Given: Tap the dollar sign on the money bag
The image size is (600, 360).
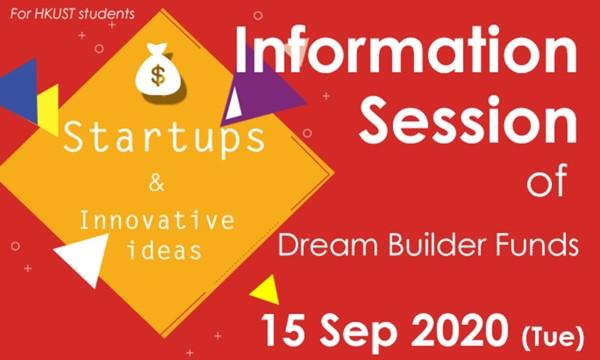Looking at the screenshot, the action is [x=158, y=75].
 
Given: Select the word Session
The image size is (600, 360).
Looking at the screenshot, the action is [x=468, y=118].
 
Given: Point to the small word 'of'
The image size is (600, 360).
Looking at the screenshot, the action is [x=546, y=183].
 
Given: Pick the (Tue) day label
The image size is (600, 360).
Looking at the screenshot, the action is [x=553, y=336].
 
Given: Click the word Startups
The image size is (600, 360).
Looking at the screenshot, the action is [x=165, y=138].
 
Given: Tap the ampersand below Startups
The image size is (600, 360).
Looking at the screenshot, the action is [x=157, y=183].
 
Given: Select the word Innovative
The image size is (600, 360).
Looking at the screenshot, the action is [x=157, y=222].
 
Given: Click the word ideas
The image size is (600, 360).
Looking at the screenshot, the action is [x=165, y=250].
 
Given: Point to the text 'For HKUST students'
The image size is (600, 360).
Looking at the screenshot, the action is [x=73, y=14].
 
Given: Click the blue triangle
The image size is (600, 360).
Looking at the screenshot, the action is [x=19, y=91].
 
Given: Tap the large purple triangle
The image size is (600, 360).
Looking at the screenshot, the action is [x=263, y=85].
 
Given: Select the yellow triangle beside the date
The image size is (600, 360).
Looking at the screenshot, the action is [x=266, y=290].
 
